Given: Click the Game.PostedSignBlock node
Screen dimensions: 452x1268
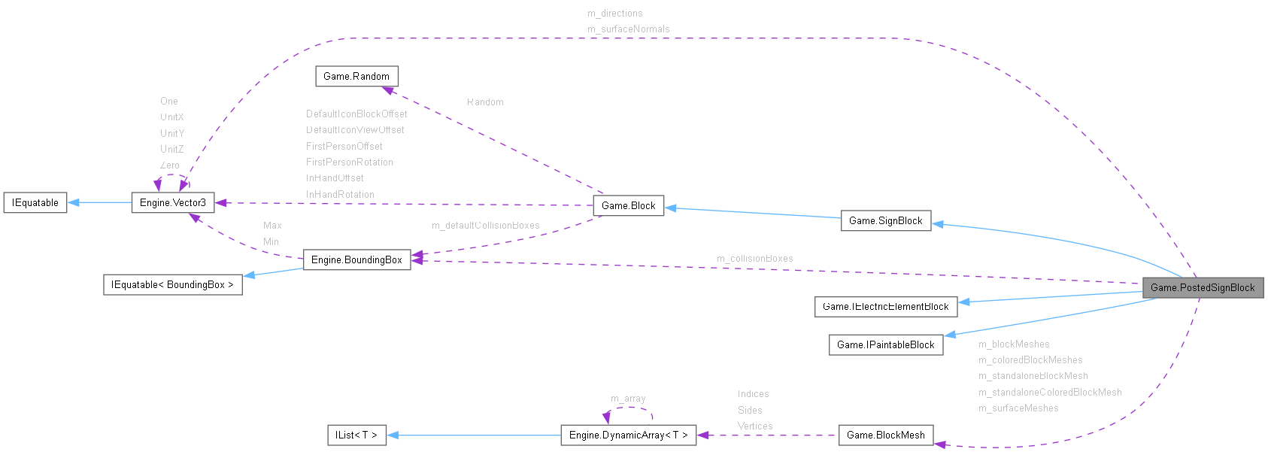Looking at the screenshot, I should click(x=1203, y=287).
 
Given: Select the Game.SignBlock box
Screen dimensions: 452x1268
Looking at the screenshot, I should click(x=885, y=220).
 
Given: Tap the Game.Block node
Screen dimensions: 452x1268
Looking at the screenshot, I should click(x=628, y=205).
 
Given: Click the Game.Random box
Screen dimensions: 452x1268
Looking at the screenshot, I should click(x=356, y=76).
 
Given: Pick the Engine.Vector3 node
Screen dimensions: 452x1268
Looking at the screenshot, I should click(x=172, y=202).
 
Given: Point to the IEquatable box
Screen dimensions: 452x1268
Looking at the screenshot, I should click(x=35, y=202).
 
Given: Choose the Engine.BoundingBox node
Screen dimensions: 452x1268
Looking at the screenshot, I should click(x=356, y=259).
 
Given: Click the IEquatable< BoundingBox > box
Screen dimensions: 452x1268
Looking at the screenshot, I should click(x=172, y=284).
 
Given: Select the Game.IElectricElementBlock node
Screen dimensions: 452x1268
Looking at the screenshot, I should click(x=885, y=306).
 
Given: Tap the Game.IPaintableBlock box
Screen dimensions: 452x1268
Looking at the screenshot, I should click(x=885, y=344).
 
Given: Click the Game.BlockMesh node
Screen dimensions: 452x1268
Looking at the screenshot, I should click(x=885, y=435).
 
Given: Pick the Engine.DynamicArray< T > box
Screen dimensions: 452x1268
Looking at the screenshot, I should click(x=628, y=435).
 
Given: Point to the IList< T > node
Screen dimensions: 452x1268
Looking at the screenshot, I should click(x=356, y=435).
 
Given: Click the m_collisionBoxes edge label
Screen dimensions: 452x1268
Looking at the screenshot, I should click(x=754, y=259).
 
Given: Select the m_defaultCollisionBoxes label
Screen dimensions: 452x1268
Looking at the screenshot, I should click(x=485, y=226).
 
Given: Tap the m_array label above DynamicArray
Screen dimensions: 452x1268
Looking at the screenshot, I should click(x=628, y=399).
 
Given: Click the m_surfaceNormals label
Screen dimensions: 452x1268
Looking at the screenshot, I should click(x=628, y=29).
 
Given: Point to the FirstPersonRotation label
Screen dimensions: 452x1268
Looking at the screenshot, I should click(x=349, y=162).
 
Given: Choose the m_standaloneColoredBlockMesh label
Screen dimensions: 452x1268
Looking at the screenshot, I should click(x=1049, y=393).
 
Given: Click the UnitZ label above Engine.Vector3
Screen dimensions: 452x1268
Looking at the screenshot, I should click(x=171, y=149).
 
